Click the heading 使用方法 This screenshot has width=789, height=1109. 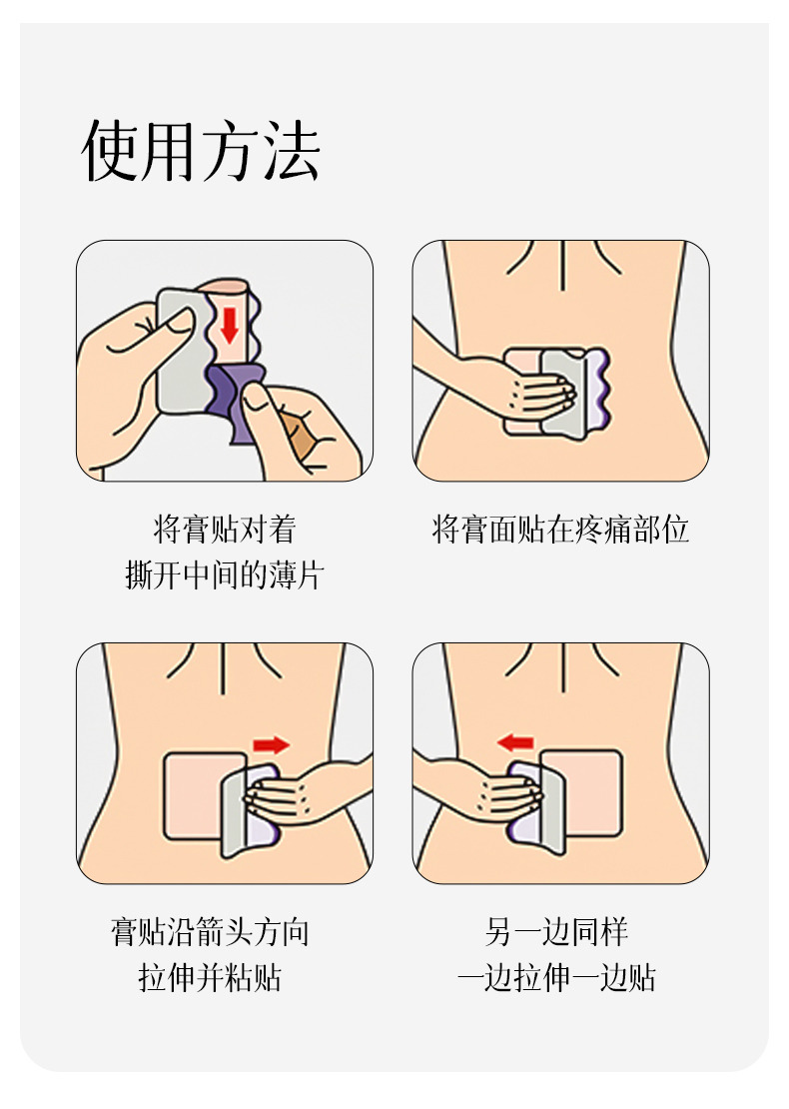(x=201, y=150)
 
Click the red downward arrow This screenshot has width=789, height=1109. (x=229, y=326)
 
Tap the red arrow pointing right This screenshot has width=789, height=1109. (x=272, y=744)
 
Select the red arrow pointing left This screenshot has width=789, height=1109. (x=515, y=742)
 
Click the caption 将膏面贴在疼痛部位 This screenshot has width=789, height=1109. (x=560, y=530)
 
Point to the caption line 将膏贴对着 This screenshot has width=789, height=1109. (x=225, y=530)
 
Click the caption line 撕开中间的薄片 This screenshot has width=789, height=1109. (x=225, y=575)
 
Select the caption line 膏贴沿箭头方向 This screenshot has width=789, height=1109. (x=210, y=932)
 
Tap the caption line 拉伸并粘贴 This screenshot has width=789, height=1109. (x=210, y=978)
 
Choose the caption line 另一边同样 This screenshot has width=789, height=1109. (x=557, y=932)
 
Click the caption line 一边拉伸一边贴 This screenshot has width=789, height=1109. (x=557, y=978)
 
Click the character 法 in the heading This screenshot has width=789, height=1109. (x=293, y=150)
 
